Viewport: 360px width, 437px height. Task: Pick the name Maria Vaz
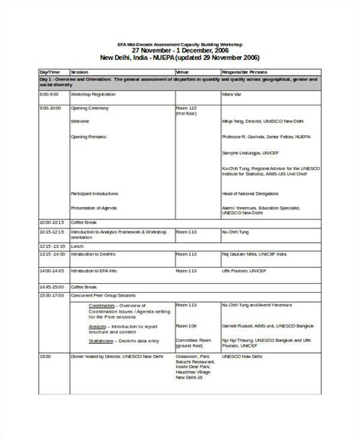pyautogui.click(x=232, y=94)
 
